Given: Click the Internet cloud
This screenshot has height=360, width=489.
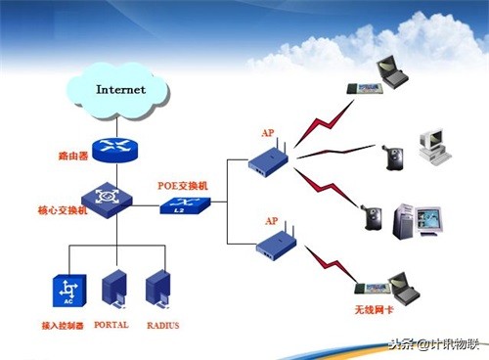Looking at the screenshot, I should click(120, 90).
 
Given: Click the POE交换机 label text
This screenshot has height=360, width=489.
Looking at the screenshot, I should click(182, 185).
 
